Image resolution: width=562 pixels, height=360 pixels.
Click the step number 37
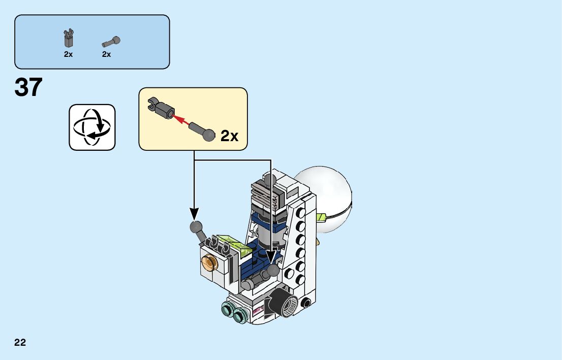click(x=29, y=88)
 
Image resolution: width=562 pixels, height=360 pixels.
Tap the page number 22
click(x=20, y=342)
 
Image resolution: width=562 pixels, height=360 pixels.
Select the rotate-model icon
click(x=92, y=127)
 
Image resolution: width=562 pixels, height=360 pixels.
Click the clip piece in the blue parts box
click(x=69, y=39)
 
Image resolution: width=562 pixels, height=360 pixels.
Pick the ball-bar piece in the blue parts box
click(x=110, y=41)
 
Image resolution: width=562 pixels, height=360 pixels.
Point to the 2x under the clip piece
click(x=69, y=54)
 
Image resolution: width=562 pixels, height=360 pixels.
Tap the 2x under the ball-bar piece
click(x=106, y=54)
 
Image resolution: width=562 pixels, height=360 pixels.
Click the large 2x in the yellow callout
click(x=229, y=136)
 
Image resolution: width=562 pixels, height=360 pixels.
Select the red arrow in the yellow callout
click(x=180, y=120)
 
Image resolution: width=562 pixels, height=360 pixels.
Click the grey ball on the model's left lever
click(x=196, y=227)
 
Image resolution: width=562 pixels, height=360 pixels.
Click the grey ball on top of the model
click(x=270, y=180)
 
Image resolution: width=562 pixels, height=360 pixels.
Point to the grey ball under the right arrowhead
click(x=274, y=271)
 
